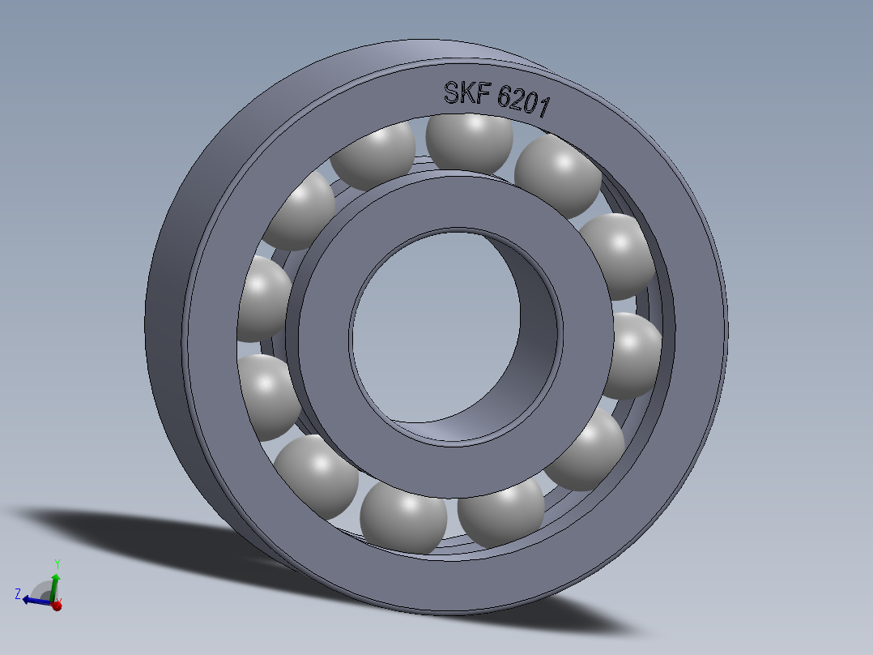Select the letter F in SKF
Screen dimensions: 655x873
click(483, 96)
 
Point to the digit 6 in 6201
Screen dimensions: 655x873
click(505, 99)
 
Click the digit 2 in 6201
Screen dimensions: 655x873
click(520, 102)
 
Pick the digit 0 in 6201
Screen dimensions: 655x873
click(534, 105)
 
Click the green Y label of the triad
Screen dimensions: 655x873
click(57, 563)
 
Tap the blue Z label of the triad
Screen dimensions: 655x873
click(17, 593)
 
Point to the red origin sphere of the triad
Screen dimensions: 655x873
click(57, 605)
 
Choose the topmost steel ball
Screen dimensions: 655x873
click(470, 142)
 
